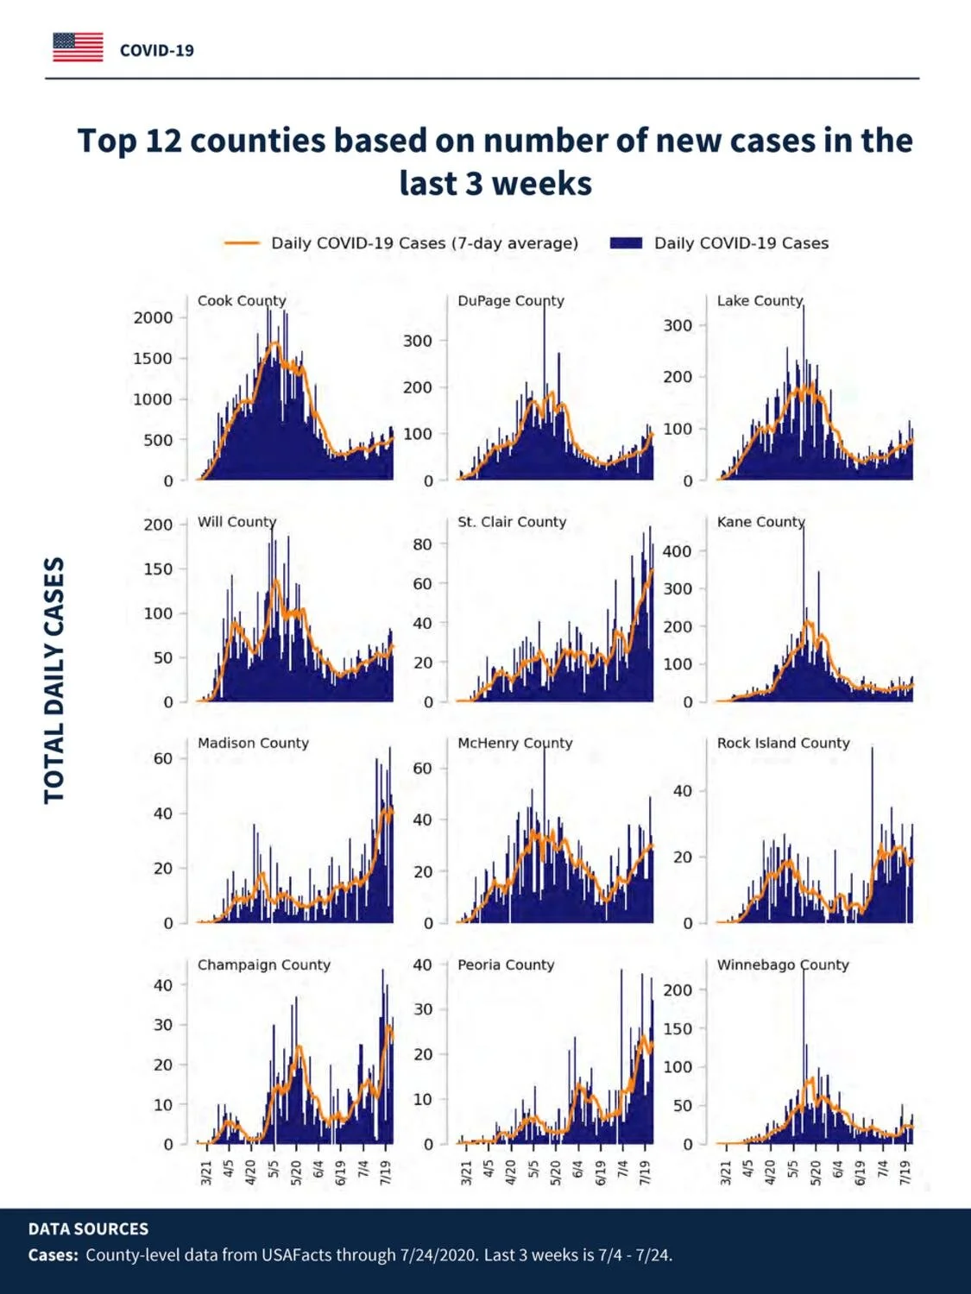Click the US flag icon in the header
click(78, 47)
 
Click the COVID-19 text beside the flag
click(157, 51)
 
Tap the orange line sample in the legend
click(242, 243)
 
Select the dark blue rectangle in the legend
click(626, 243)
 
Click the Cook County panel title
click(242, 301)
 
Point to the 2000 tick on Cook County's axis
click(154, 317)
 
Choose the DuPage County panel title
click(511, 301)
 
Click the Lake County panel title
click(760, 301)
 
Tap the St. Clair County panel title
click(512, 522)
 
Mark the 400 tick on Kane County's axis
click(678, 552)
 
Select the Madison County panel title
click(254, 743)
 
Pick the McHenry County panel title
click(515, 743)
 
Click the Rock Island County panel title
click(784, 743)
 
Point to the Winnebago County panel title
click(783, 964)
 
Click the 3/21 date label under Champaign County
click(206, 1172)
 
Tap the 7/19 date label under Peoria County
click(645, 1172)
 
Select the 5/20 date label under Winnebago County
click(816, 1172)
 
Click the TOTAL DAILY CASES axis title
click(54, 681)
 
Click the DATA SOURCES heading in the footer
click(88, 1228)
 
